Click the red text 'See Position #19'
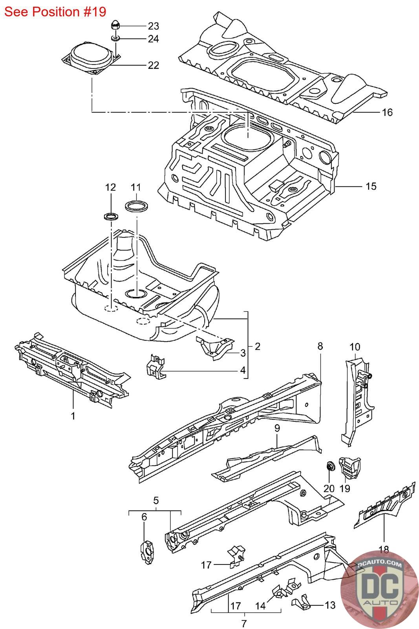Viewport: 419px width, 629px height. pos(55,11)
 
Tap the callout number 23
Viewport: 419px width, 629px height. pos(153,26)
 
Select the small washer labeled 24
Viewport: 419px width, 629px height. pos(116,38)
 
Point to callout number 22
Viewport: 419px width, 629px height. pos(153,65)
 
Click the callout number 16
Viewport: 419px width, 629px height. pos(387,112)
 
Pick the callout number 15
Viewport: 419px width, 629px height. pos(371,186)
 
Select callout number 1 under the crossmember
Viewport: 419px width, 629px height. pos(73,415)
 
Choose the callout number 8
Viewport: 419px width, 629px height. pos(320,346)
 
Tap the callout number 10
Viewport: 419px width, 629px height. pos(355,347)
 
